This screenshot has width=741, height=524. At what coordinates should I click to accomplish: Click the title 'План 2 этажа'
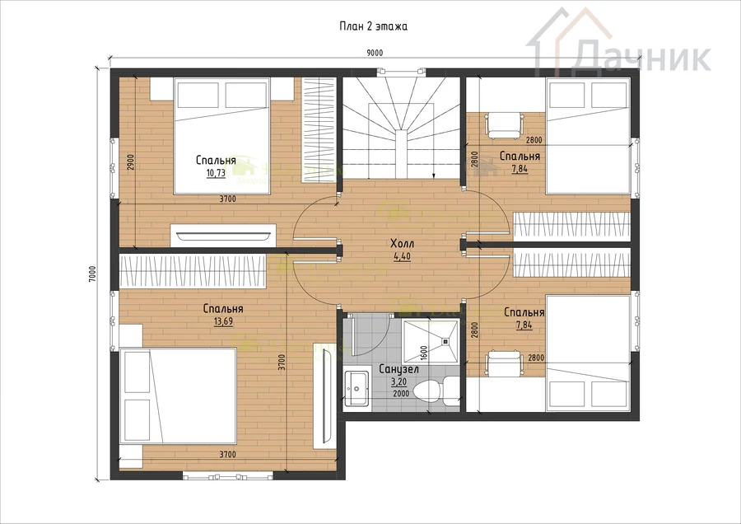pyautogui.click(x=373, y=26)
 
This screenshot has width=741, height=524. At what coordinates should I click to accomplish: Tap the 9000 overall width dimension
pyautogui.click(x=375, y=53)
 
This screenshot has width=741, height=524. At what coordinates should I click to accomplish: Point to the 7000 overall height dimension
pyautogui.click(x=92, y=274)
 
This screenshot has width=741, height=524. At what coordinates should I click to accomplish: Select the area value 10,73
pyautogui.click(x=216, y=173)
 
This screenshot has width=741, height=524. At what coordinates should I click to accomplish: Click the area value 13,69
pyautogui.click(x=223, y=322)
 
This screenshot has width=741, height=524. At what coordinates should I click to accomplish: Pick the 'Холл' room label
pyautogui.click(x=402, y=244)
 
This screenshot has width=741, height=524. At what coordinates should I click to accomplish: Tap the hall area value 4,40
pyautogui.click(x=402, y=257)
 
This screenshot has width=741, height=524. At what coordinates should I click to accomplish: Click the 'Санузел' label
pyautogui.click(x=398, y=369)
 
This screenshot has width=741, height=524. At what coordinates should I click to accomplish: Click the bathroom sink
pyautogui.click(x=357, y=388)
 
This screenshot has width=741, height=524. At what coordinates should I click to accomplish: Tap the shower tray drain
pyautogui.click(x=445, y=340)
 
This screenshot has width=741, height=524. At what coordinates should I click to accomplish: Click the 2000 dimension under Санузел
pyautogui.click(x=401, y=394)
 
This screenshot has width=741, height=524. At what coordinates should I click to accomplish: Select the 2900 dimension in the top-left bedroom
pyautogui.click(x=132, y=161)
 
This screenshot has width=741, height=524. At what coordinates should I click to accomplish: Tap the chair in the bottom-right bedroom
pyautogui.click(x=505, y=363)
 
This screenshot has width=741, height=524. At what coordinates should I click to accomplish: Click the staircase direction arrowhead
pyautogui.click(x=434, y=176)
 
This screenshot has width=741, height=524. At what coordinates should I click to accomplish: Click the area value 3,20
pyautogui.click(x=398, y=382)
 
